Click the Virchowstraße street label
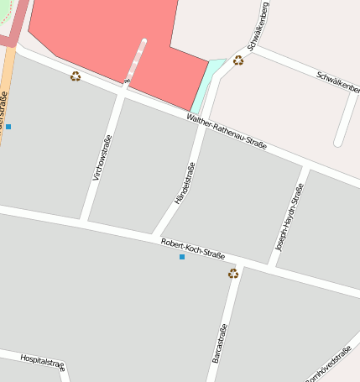pyautogui.click(x=101, y=159)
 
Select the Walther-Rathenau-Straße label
pyautogui.click(x=227, y=133)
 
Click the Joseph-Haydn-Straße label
pyautogui.click(x=290, y=218)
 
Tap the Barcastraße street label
pyautogui.click(x=218, y=343)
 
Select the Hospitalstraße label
pyautogui.click(x=42, y=362)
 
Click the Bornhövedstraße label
pyautogui.click(x=329, y=366)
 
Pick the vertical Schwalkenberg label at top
pyautogui.click(x=258, y=26)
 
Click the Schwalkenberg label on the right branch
pyautogui.click(x=337, y=81)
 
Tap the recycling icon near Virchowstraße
pyautogui.click(x=76, y=76)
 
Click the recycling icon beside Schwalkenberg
pyautogui.click(x=238, y=60)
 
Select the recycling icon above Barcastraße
pyautogui.click(x=233, y=273)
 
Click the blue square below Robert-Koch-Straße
pyautogui.click(x=181, y=257)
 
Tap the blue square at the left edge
pyautogui.click(x=8, y=127)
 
